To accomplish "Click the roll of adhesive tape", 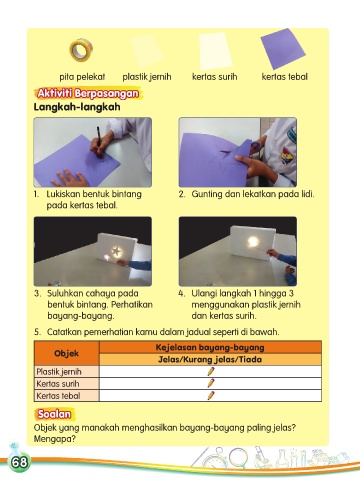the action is point(81,50).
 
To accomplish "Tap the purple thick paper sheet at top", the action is point(283,48).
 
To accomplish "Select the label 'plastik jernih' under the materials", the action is point(147,77).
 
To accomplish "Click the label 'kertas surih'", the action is point(215,77).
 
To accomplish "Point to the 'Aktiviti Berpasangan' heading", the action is point(88,93).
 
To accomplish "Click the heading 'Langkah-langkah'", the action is point(77,107).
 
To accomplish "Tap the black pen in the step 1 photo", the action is point(100,141).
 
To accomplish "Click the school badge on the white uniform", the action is point(286,156).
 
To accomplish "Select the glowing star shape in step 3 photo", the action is point(116,251).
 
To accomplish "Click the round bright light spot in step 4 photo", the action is point(253,242).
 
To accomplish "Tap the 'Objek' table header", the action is point(66,353).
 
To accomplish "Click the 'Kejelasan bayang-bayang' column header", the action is point(210,347).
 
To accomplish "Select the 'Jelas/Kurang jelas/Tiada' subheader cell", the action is point(210,359).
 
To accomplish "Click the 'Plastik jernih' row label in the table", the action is point(59,372).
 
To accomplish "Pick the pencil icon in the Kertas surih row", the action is point(211,383).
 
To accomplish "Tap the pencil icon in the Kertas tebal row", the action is point(211,395).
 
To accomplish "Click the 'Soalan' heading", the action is point(54,414).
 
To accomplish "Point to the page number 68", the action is point(19,462).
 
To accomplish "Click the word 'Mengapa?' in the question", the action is point(55,439).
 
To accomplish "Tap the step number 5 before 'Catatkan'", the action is point(37,332).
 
